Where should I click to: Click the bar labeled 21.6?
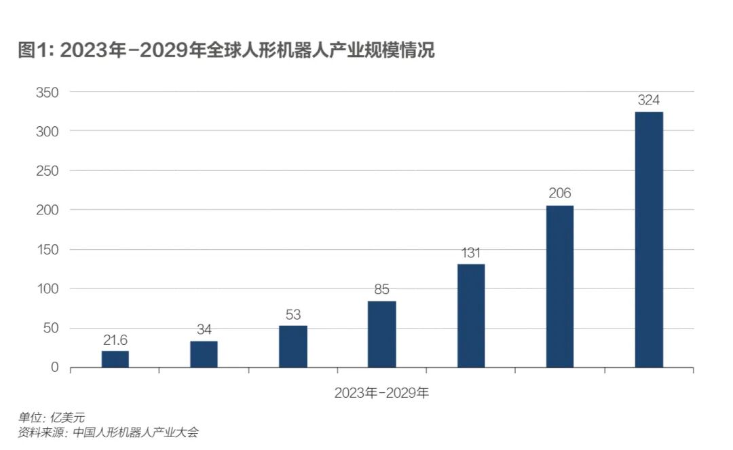point(115,359)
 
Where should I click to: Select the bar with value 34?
point(204,354)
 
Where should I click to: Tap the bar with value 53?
point(293,347)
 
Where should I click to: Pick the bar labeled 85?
point(381,334)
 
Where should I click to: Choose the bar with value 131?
point(471,316)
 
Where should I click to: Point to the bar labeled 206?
point(560,286)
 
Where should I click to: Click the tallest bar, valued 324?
point(649,240)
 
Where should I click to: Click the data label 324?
point(649,100)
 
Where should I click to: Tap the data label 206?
point(560,193)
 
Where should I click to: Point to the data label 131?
point(471,252)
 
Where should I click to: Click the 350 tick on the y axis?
point(48,92)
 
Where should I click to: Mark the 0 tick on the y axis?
point(55,368)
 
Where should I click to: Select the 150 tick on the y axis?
point(48,250)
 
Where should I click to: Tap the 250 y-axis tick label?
point(48,171)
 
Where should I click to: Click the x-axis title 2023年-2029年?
point(381,393)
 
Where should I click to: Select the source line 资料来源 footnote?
point(109,432)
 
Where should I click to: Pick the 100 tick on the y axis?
point(48,289)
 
